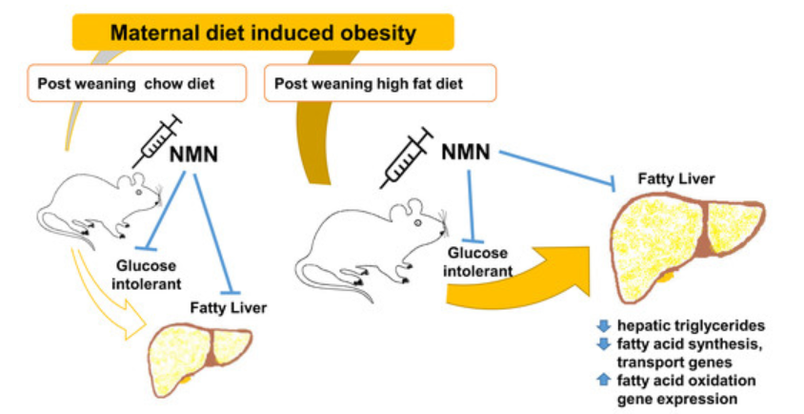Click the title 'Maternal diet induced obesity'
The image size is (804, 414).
263,33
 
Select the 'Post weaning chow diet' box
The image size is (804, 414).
124,83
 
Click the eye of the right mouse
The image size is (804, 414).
420,223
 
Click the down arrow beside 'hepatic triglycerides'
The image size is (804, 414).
602,326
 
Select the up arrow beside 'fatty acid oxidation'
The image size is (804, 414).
602,380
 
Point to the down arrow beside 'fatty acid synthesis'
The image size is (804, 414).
602,344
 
